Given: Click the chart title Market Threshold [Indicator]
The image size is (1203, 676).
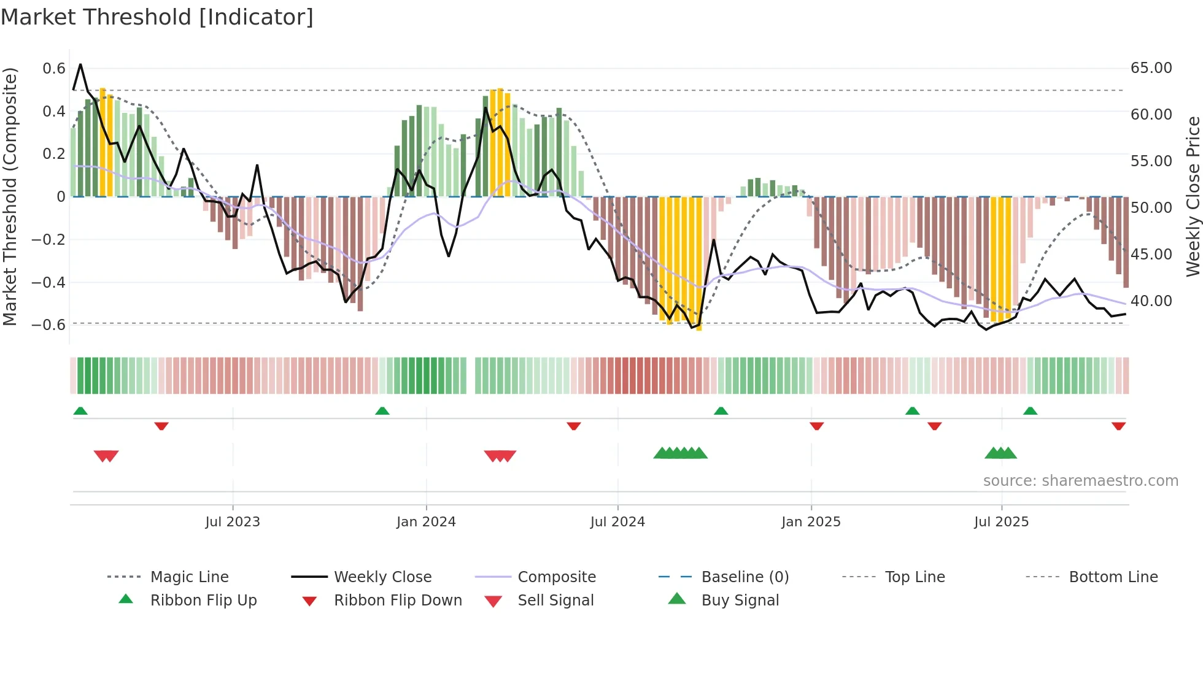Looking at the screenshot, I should point(157,17).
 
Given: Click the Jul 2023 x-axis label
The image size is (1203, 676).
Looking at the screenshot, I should point(233,522).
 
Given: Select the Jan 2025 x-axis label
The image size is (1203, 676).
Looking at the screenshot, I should point(811,522).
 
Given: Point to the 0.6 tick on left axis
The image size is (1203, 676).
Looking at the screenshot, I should point(54,68).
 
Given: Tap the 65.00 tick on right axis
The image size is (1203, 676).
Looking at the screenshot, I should point(1151,68).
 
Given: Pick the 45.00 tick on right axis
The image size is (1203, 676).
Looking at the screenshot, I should point(1151,254).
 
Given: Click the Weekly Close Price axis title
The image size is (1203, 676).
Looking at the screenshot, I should point(1193,196).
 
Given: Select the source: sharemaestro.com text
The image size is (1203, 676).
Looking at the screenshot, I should point(1080,481).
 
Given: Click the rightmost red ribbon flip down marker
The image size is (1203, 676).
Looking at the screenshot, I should point(1118,426).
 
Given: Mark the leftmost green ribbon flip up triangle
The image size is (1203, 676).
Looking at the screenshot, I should point(80,411).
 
